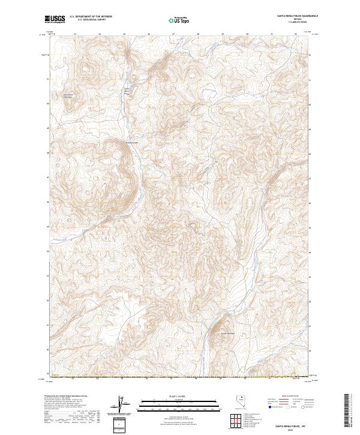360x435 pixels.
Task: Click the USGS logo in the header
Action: (55, 20)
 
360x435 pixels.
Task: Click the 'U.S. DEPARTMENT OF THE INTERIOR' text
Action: (91, 17)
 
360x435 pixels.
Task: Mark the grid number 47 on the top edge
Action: (173, 34)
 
